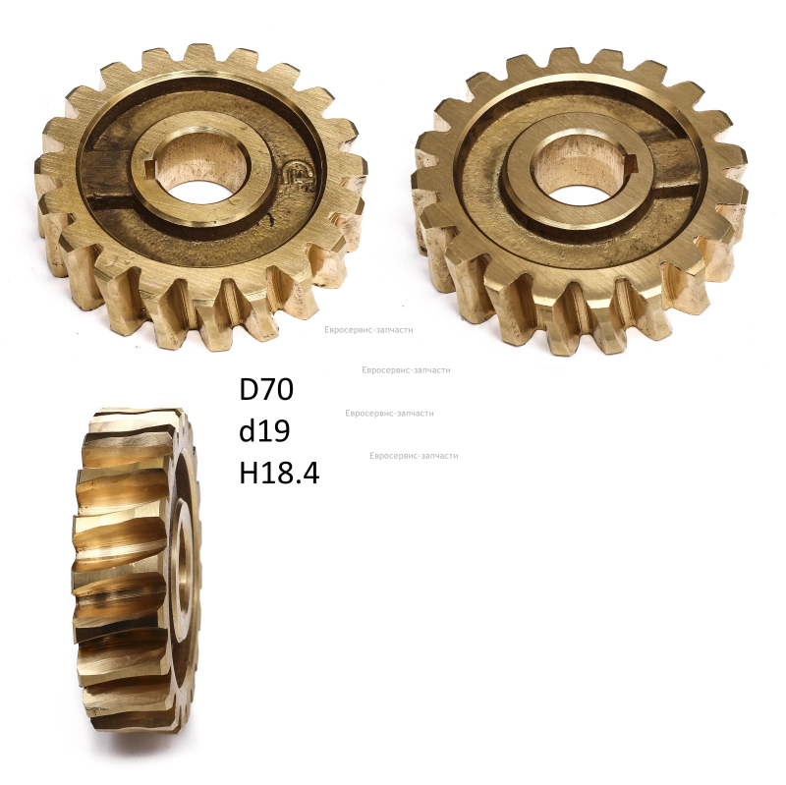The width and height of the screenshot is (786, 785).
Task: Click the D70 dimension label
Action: [266, 389]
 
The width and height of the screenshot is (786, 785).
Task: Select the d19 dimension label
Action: [264, 430]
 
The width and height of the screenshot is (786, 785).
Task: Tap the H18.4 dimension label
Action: [279, 473]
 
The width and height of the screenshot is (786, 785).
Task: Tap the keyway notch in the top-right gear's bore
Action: [629, 161]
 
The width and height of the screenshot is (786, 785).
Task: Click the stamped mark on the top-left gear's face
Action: [300, 177]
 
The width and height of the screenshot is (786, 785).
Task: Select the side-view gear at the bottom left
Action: [137, 571]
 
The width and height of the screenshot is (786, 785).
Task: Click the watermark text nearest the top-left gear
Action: [368, 330]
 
